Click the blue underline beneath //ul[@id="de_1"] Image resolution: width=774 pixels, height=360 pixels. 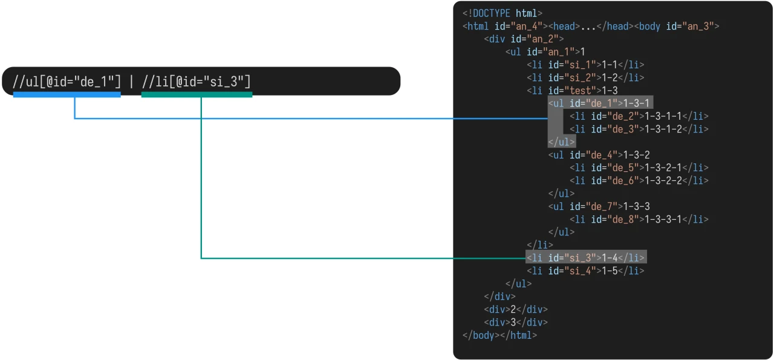67,94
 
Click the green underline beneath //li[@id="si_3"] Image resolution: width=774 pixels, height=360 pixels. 197,94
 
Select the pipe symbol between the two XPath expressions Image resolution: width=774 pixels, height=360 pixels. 131,82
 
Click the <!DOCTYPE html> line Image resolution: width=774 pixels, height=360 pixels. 502,13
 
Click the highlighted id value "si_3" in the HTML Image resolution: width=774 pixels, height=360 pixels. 580,258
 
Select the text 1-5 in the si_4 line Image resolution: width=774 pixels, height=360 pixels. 610,270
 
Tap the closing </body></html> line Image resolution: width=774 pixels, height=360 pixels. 499,335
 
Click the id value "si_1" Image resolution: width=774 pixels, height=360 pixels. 580,65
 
